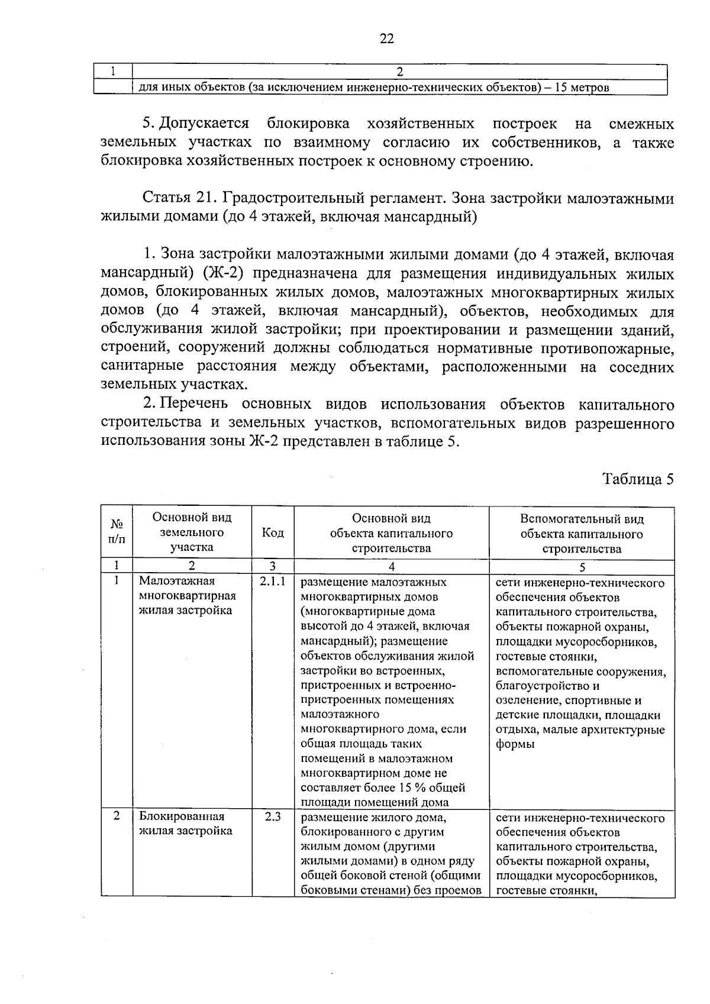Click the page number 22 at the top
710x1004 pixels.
pos(386,39)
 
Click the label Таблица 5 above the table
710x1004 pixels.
pos(638,479)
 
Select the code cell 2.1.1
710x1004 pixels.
pos(273,582)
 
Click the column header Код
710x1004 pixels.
pos(273,533)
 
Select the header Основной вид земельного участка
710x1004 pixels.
pos(192,532)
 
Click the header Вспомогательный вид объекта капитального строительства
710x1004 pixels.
pos(582,534)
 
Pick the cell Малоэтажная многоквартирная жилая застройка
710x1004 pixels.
pos(187,596)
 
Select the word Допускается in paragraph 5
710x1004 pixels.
pos(204,124)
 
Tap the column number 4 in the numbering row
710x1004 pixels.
pos(391,567)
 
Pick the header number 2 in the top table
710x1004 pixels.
pos(399,72)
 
